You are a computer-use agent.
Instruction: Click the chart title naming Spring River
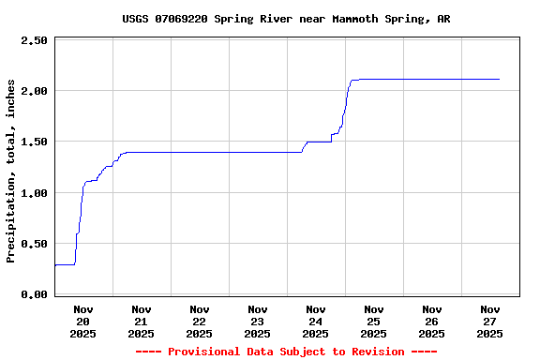(286, 19)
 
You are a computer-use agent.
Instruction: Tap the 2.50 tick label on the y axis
(34, 40)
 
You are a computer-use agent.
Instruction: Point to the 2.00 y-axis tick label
(34, 91)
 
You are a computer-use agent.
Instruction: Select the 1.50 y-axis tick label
(34, 142)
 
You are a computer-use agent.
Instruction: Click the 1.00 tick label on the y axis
(34, 193)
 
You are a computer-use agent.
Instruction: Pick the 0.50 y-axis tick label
(34, 244)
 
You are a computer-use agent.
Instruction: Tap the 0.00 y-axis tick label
(34, 294)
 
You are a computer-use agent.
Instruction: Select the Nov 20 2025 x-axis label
(83, 321)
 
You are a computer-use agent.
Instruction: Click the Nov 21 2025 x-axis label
(142, 321)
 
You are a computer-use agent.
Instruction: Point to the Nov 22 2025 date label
(200, 321)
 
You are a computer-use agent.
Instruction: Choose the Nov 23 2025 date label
(258, 321)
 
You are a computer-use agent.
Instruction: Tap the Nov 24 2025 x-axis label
(316, 321)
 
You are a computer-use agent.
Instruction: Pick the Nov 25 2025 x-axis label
(374, 321)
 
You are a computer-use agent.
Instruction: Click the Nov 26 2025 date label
(432, 321)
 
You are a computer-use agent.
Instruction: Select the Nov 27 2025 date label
(490, 321)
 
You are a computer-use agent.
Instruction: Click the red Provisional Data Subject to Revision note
(286, 352)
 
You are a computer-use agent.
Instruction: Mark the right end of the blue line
(499, 80)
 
